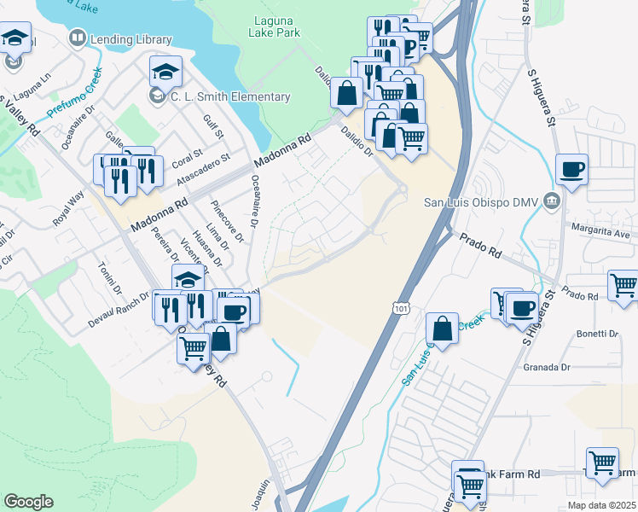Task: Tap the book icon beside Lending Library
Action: click(x=78, y=38)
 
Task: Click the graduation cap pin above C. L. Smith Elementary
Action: click(x=166, y=71)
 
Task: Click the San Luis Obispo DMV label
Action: click(x=481, y=202)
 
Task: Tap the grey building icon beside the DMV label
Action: click(x=552, y=201)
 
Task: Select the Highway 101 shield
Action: click(x=403, y=305)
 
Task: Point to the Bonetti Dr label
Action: click(x=597, y=334)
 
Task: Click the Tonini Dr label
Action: click(x=110, y=276)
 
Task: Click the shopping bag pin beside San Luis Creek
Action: click(x=443, y=328)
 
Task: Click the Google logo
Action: click(x=28, y=502)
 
